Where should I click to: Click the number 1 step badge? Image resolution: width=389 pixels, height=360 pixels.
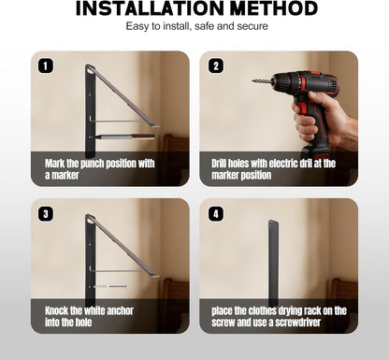coord(46,66)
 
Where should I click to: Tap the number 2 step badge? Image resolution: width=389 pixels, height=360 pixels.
coord(216,66)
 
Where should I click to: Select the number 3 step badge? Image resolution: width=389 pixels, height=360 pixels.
coord(46,214)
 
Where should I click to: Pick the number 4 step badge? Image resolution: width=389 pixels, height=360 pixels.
coord(216,214)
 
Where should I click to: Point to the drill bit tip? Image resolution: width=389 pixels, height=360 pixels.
coord(252,81)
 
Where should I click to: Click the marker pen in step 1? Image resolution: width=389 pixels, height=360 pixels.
coord(123,137)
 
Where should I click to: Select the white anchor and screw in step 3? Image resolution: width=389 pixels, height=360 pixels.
coord(110,286)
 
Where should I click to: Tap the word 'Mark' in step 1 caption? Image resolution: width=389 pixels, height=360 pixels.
coord(55,164)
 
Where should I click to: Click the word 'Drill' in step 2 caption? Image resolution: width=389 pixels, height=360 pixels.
coord(219,164)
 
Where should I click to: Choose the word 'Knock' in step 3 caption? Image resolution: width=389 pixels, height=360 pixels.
coord(56,310)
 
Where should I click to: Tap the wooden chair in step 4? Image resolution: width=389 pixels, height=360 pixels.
coord(343,305)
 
